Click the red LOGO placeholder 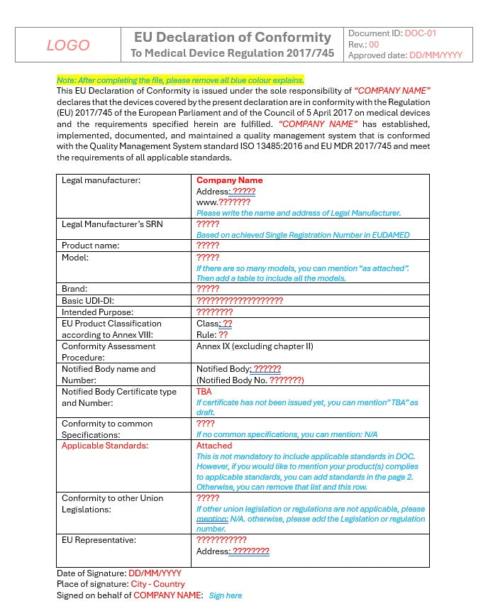[x=68, y=45]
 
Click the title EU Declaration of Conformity [x=233, y=37]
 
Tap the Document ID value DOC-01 [x=421, y=33]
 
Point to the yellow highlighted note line [x=180, y=80]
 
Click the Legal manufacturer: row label [x=101, y=180]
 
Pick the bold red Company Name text [x=229, y=180]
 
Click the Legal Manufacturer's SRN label [x=112, y=224]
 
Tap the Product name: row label [x=90, y=246]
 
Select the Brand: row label [x=74, y=289]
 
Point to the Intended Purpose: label [x=97, y=312]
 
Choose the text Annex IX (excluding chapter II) [x=255, y=346]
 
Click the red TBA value [x=204, y=392]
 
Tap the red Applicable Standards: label [x=105, y=446]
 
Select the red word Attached [x=213, y=446]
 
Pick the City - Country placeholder [x=157, y=584]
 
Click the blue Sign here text [x=225, y=595]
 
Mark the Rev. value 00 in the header [x=375, y=44]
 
